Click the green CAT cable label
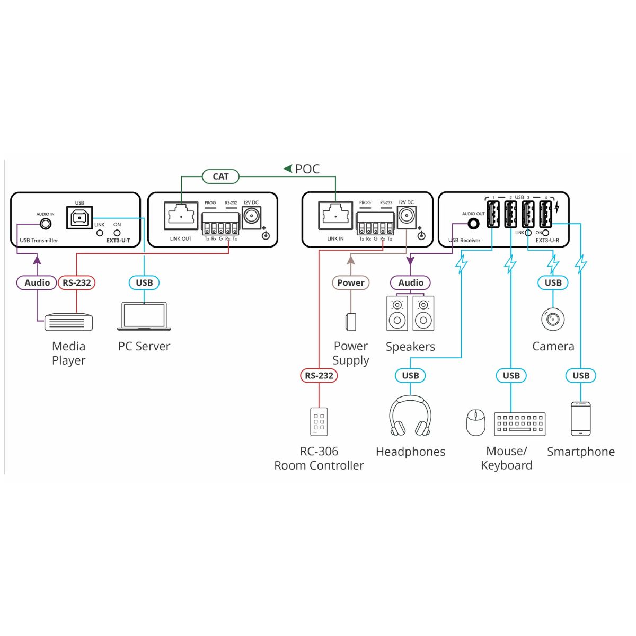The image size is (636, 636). click(x=220, y=176)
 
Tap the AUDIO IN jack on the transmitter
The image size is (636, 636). click(x=46, y=224)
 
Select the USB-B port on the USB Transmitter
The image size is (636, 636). click(x=79, y=217)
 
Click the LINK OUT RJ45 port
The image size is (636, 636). click(x=181, y=216)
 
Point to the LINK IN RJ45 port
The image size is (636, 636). click(x=335, y=216)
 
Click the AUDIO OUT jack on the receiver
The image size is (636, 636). click(x=474, y=224)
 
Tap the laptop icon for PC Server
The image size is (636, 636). click(x=144, y=316)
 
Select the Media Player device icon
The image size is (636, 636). click(x=69, y=322)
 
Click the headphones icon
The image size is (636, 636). click(x=410, y=416)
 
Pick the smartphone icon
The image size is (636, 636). click(x=580, y=419)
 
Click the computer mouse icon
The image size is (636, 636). click(x=475, y=423)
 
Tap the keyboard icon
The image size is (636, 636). click(x=520, y=424)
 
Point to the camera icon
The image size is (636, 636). click(x=553, y=319)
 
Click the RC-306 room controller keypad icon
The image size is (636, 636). click(x=319, y=422)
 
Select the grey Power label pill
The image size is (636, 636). click(x=350, y=282)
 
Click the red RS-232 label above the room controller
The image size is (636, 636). click(x=319, y=376)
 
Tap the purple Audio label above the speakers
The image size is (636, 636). click(x=410, y=282)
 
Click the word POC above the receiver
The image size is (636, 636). click(x=307, y=169)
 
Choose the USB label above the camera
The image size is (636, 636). click(x=553, y=282)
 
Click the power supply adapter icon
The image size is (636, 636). click(x=350, y=322)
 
